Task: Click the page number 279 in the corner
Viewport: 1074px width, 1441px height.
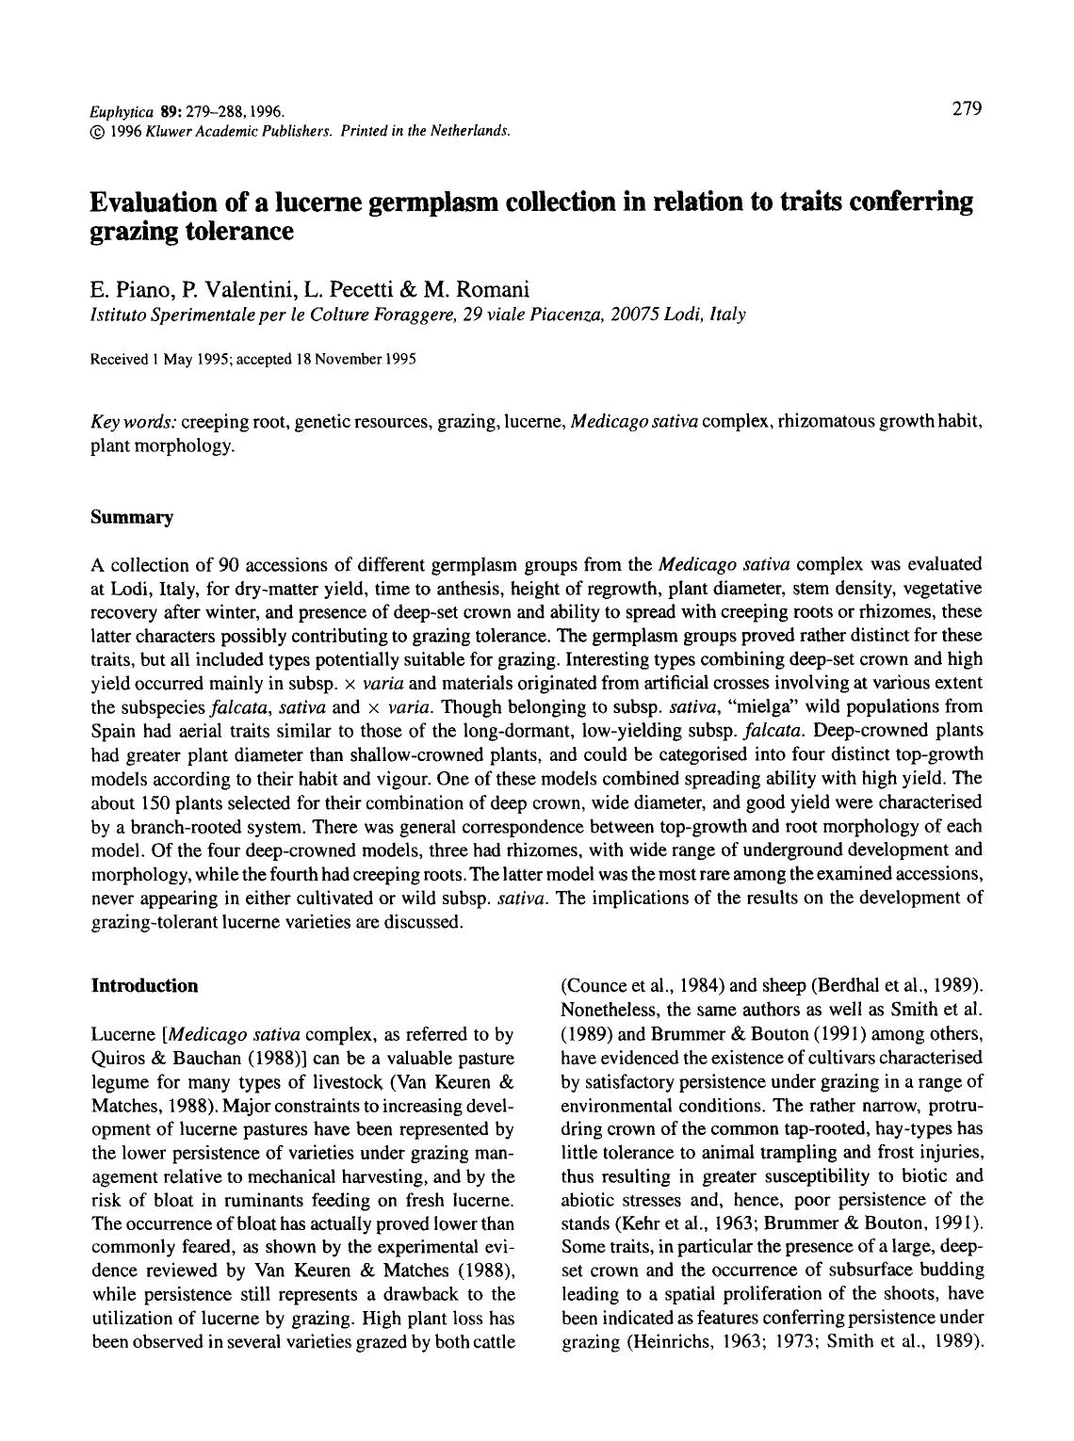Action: coord(967,109)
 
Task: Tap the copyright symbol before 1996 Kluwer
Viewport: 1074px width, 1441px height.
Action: coord(98,129)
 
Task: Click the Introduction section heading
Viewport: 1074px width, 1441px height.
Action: coord(144,986)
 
